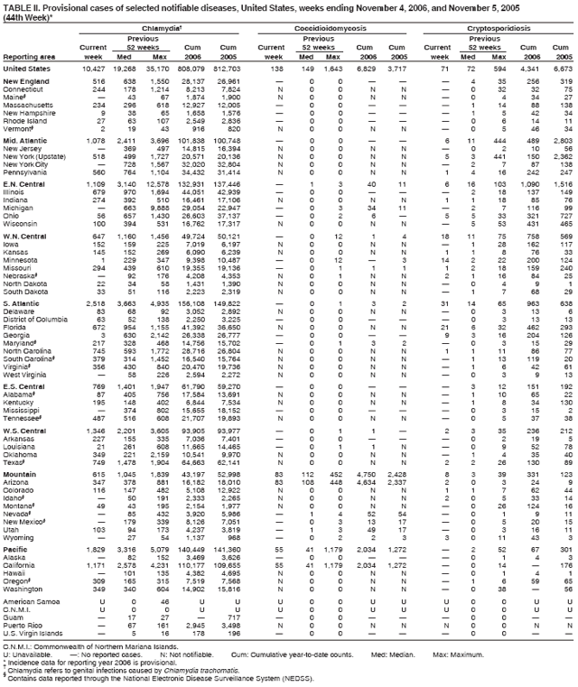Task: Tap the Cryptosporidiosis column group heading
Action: pos(498,29)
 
